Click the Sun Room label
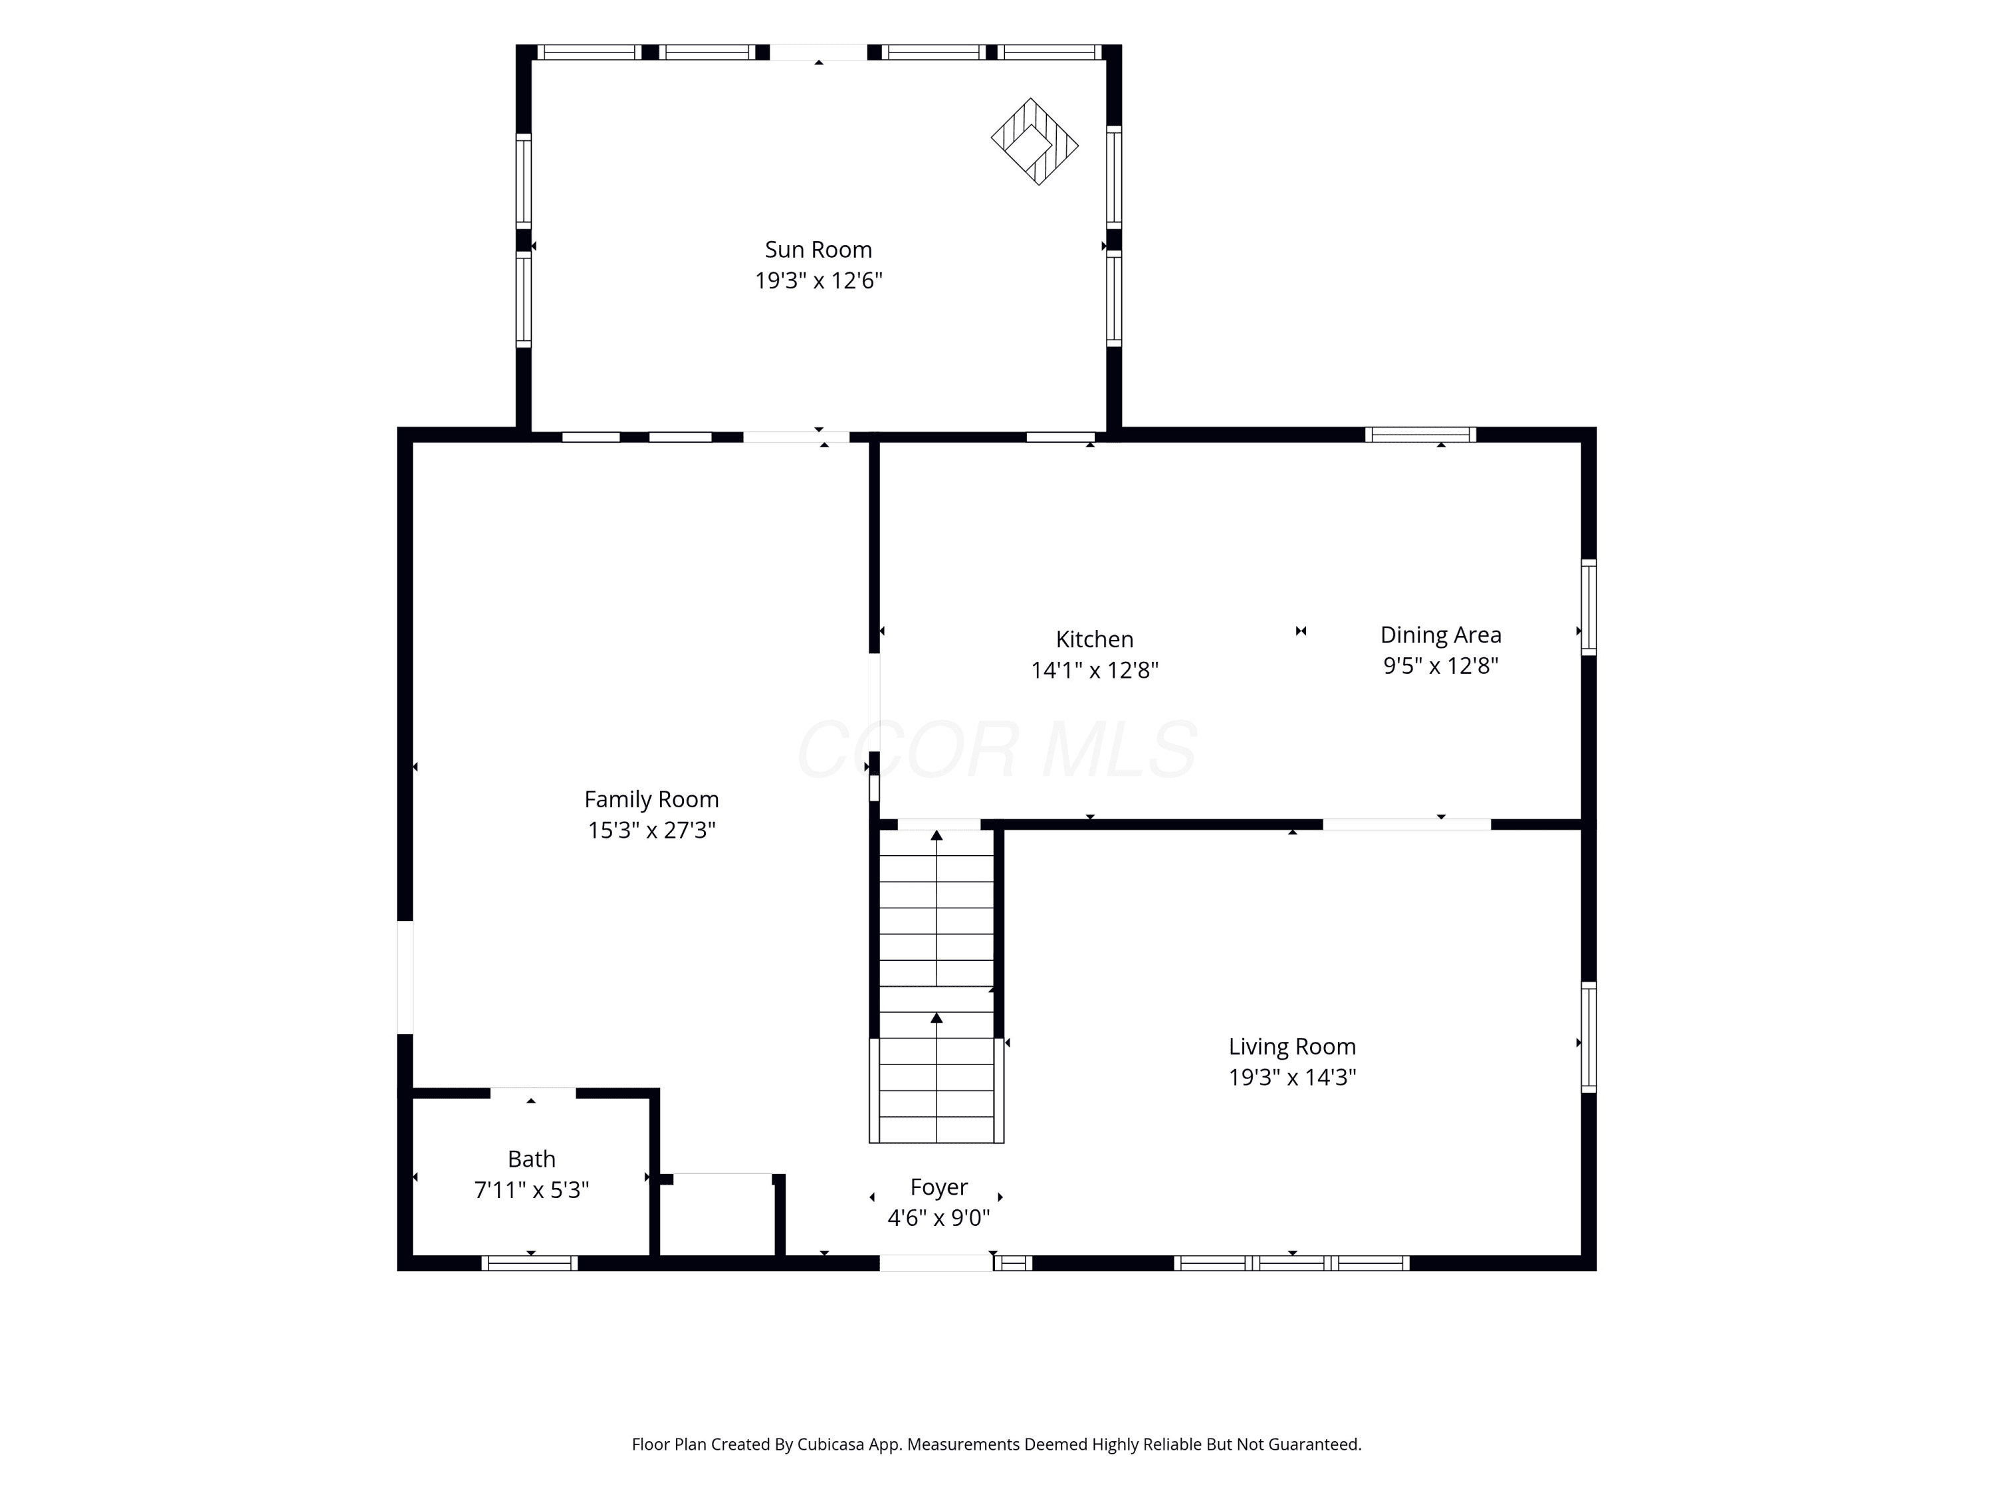tap(818, 250)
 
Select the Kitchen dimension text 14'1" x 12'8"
tap(1094, 670)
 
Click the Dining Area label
tap(1440, 635)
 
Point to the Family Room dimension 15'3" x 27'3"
tap(652, 830)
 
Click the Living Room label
tap(1291, 1046)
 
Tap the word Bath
tap(531, 1159)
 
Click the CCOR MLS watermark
tap(997, 749)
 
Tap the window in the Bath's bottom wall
tap(529, 1262)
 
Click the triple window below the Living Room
tap(1291, 1262)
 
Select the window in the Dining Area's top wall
tap(1420, 435)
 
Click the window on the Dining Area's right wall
tap(1589, 607)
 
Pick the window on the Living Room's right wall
tap(1589, 1037)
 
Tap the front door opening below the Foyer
tap(937, 1262)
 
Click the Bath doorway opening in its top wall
tap(533, 1093)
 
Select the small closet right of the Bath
tap(718, 1216)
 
